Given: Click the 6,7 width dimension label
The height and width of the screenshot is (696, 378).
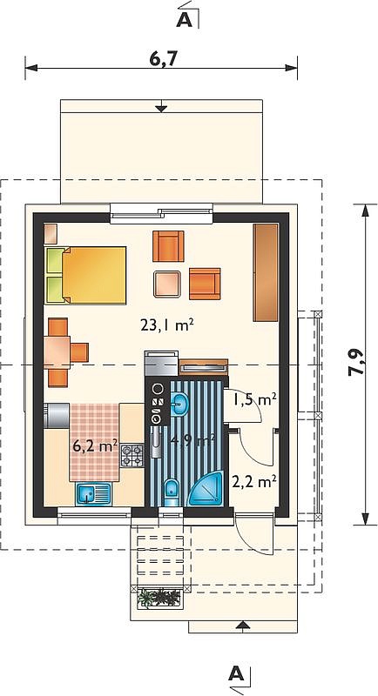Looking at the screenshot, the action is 160,59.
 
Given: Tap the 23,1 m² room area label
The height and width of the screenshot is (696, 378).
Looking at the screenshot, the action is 167,326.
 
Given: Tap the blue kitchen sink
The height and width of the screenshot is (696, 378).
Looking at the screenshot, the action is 94,494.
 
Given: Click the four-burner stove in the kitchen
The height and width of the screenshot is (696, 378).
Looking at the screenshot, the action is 132,456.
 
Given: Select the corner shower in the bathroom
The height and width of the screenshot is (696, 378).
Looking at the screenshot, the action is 206,489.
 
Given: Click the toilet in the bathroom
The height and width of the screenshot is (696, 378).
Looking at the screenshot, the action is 170,492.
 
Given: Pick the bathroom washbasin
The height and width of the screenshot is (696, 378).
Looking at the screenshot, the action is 179,404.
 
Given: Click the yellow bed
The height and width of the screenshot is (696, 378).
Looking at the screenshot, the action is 85,275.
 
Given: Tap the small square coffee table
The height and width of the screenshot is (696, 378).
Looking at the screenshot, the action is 167,284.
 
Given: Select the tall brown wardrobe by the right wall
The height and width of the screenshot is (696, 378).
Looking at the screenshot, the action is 266,272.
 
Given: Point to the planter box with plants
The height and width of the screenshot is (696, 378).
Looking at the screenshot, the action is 159,598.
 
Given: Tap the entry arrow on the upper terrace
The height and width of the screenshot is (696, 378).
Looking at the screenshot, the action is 161,106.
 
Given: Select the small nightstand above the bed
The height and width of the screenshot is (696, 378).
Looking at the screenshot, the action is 51,233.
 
